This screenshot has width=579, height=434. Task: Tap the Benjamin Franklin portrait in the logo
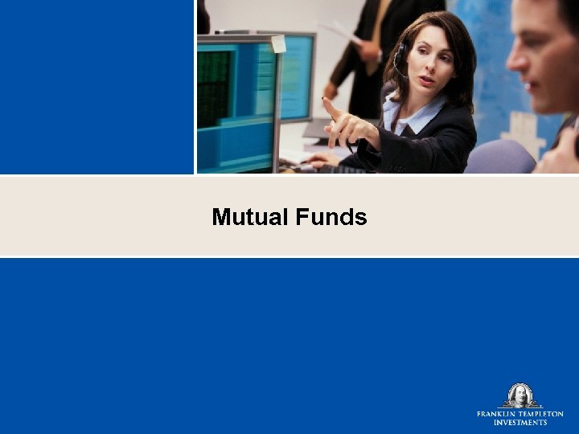coord(520,395)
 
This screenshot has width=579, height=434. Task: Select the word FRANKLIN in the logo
coord(497,414)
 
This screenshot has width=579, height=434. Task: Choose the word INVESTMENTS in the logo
coord(520,422)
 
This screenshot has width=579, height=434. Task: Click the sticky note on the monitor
coord(278,43)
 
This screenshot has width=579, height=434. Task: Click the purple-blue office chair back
coord(499,158)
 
